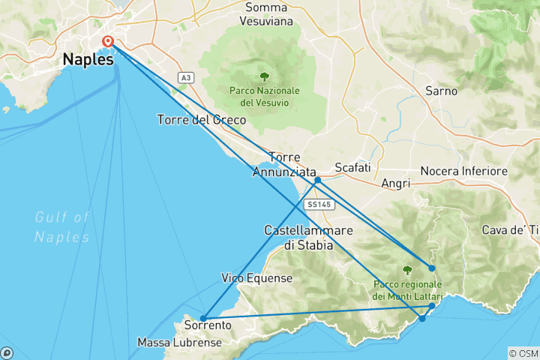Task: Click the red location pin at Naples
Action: (x=108, y=42)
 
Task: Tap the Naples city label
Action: (x=89, y=59)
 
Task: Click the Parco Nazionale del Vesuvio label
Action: (x=264, y=96)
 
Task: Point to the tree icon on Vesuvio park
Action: (x=264, y=76)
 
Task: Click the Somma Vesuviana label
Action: (x=269, y=14)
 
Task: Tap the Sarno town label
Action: (x=441, y=90)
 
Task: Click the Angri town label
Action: (x=395, y=183)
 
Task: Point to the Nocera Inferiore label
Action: (x=464, y=172)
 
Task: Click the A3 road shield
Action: (x=186, y=77)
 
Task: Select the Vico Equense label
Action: (x=256, y=278)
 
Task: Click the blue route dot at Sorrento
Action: (x=203, y=318)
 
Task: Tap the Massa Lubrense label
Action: (x=179, y=343)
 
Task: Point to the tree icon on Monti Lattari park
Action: (x=408, y=270)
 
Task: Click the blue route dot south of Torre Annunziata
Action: (x=318, y=180)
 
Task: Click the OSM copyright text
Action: (x=523, y=353)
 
